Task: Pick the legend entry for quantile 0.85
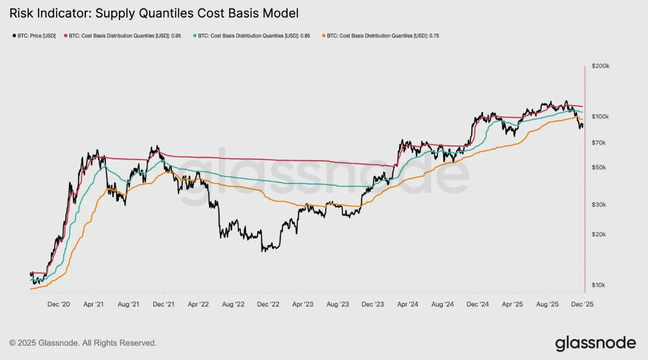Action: (x=256, y=36)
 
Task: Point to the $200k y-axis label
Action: (x=600, y=66)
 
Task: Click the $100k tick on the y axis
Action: (x=600, y=117)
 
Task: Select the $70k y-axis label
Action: (x=599, y=143)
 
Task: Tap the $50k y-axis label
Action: (x=599, y=167)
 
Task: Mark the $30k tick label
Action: (x=599, y=205)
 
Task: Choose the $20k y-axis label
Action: (x=599, y=234)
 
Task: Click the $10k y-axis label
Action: (x=599, y=285)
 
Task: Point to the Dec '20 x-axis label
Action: (x=58, y=304)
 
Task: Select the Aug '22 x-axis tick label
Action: (x=232, y=304)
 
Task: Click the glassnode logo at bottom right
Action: (x=595, y=343)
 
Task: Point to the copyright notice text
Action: (x=83, y=343)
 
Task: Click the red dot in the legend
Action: (x=67, y=36)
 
